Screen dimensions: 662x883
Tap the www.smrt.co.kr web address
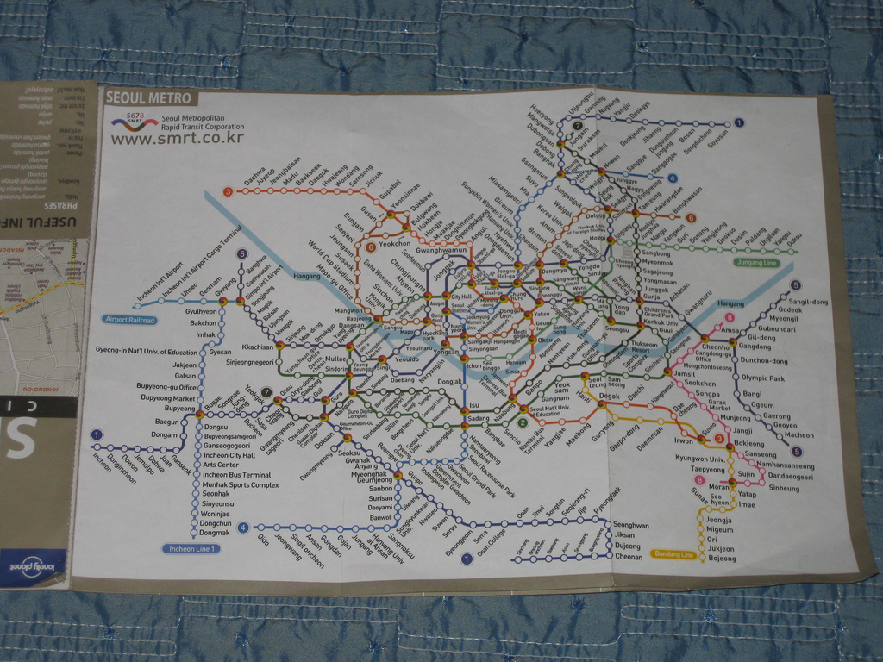178,137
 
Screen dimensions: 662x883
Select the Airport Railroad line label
129,320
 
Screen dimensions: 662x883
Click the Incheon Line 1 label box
191,548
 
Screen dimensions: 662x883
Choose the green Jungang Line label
756,262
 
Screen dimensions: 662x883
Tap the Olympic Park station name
763,378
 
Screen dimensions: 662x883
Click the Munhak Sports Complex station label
241,485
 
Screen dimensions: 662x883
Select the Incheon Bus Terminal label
236,475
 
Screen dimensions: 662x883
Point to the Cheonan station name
628,557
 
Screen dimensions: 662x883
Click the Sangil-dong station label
808,302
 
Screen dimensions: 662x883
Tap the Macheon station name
798,435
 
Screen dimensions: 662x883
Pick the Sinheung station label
784,489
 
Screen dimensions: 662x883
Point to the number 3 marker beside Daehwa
228,191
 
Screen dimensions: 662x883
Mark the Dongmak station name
215,533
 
